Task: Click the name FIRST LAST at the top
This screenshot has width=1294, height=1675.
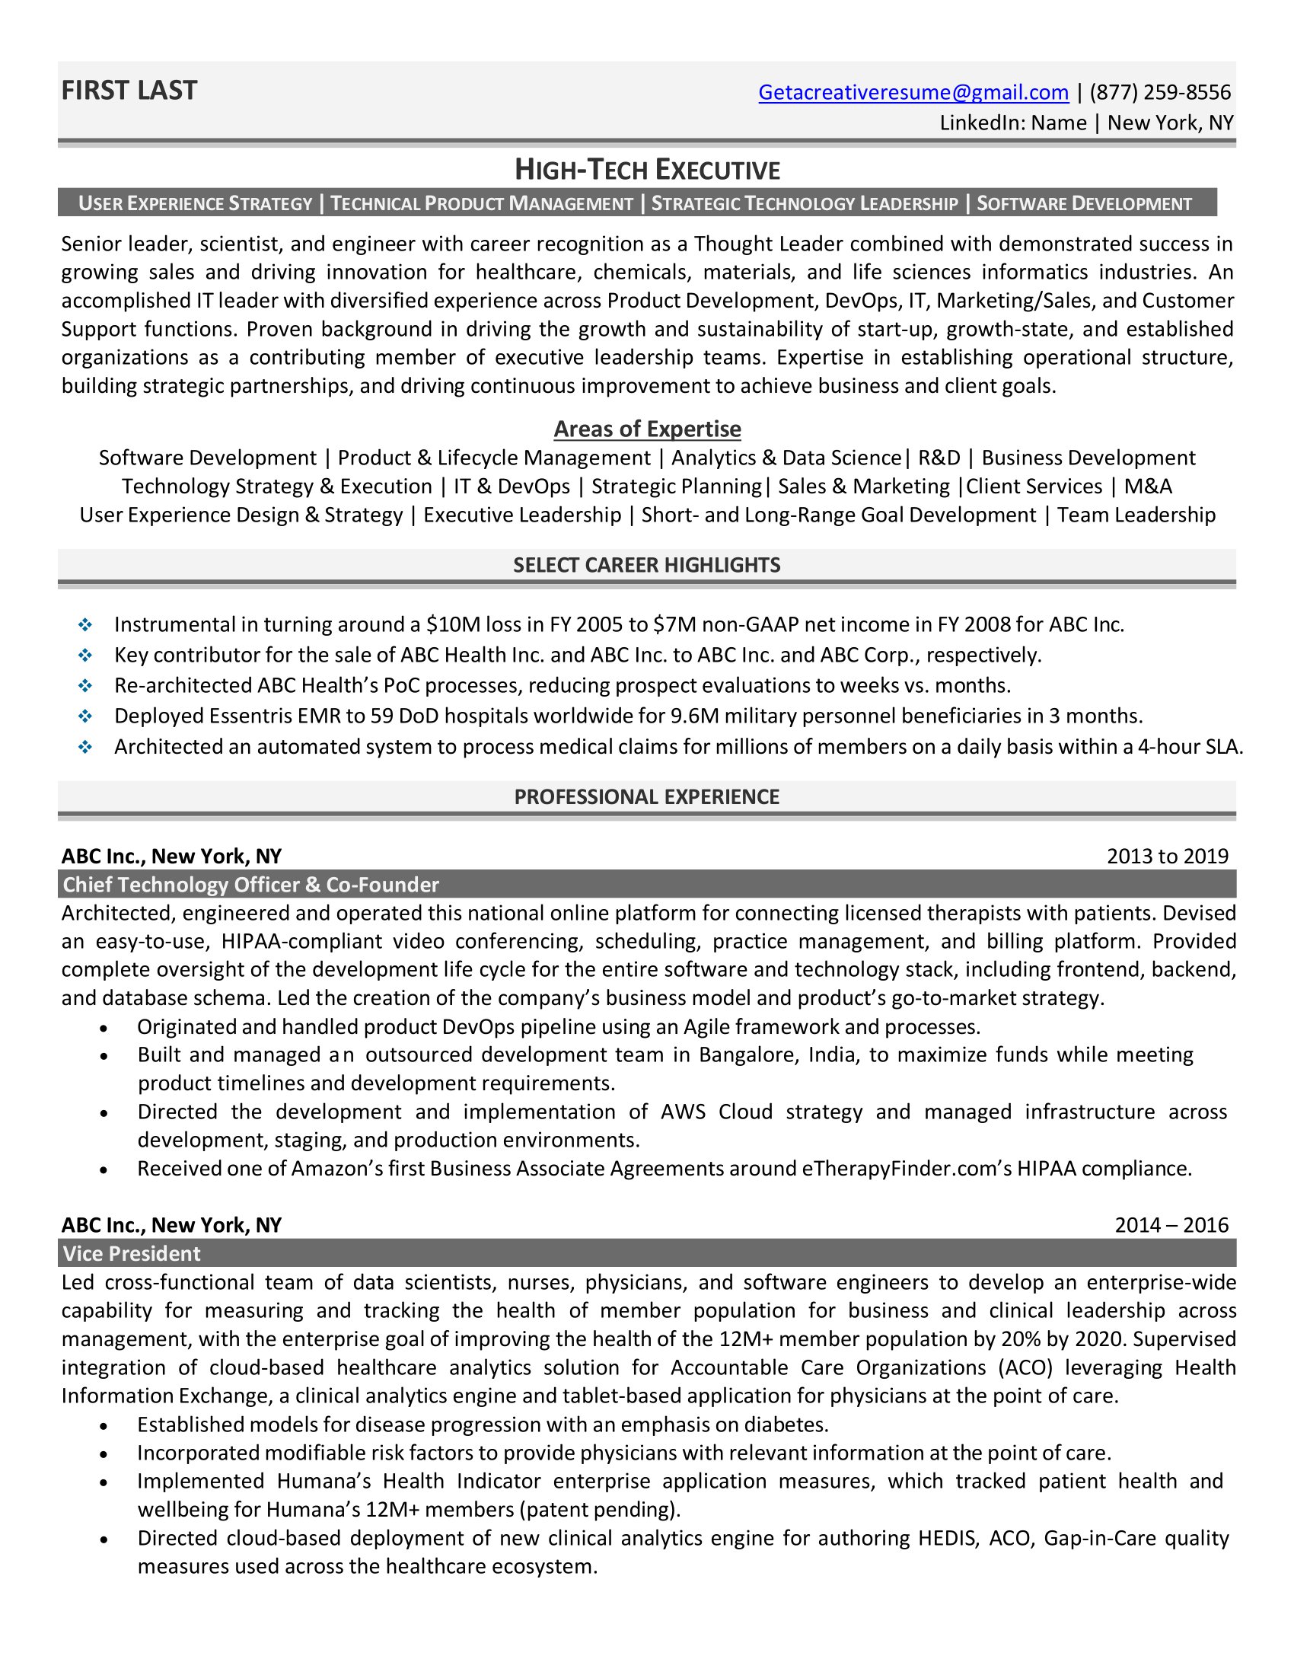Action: [x=129, y=91]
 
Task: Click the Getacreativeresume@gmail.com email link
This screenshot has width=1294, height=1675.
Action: [x=913, y=92]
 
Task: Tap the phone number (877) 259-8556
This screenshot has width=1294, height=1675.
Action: [x=1160, y=92]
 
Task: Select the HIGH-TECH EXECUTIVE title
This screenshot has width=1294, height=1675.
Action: [x=647, y=170]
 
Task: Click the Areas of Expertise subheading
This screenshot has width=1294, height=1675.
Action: [x=647, y=429]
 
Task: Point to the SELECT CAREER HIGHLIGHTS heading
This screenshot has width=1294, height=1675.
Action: [x=647, y=565]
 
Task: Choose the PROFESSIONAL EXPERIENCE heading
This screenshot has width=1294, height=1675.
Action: [x=647, y=797]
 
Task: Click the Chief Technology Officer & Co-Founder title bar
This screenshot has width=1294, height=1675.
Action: [x=250, y=884]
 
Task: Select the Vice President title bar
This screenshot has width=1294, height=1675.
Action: [x=132, y=1253]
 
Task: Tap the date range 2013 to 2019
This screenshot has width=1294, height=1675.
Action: [x=1167, y=856]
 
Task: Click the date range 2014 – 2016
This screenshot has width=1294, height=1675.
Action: [x=1171, y=1225]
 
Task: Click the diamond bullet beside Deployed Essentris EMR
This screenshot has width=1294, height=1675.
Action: [x=85, y=716]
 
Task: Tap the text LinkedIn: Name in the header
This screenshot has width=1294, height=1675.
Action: [x=1012, y=123]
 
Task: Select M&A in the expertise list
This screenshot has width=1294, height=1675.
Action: [x=1148, y=487]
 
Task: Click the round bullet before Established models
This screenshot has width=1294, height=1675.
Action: [x=104, y=1426]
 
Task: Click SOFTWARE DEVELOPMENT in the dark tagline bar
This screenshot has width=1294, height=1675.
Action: [x=1084, y=203]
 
